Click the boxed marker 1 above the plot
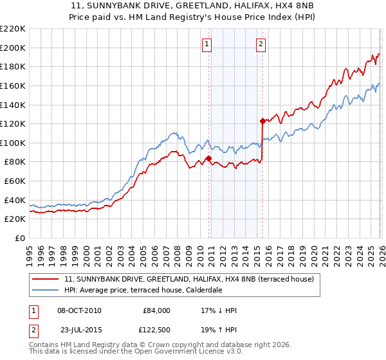tap(207, 44)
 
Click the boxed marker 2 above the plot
tap(261, 44)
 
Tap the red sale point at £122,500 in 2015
tap(262, 120)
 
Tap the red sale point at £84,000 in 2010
tap(208, 157)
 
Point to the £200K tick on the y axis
tap(13, 48)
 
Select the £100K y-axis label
tap(13, 143)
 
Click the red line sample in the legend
tap(46, 279)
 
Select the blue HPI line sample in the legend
tap(46, 290)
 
